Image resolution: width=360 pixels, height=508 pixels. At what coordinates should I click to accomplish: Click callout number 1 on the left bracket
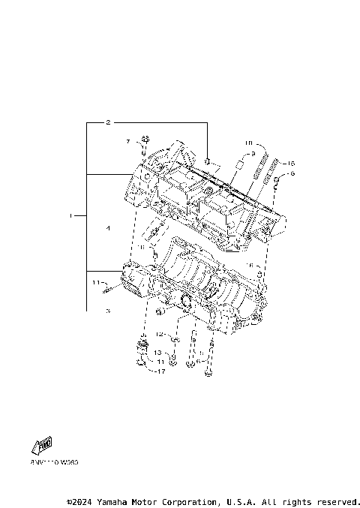[x=72, y=216]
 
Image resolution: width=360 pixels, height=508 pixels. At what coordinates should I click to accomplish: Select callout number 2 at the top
[x=108, y=122]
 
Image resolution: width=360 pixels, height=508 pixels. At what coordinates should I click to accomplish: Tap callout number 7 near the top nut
[x=128, y=141]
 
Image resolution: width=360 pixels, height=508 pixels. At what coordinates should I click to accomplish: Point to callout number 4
[x=108, y=227]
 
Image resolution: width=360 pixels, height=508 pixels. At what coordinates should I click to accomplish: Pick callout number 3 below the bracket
[x=108, y=310]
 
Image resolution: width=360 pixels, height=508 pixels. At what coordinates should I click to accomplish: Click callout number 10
[x=248, y=143]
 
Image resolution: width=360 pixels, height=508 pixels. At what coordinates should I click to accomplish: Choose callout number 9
[x=253, y=153]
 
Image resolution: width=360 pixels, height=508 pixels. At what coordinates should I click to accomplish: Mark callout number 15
[x=292, y=163]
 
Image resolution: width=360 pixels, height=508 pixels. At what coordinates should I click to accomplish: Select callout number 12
[x=159, y=334]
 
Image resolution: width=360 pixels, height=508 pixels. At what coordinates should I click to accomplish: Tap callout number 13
[x=158, y=351]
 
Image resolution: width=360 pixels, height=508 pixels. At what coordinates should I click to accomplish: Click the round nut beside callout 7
[x=145, y=140]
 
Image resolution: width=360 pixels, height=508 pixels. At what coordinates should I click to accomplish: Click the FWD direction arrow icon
[x=43, y=446]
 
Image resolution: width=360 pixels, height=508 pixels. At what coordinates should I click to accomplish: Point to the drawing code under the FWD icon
[x=54, y=463]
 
